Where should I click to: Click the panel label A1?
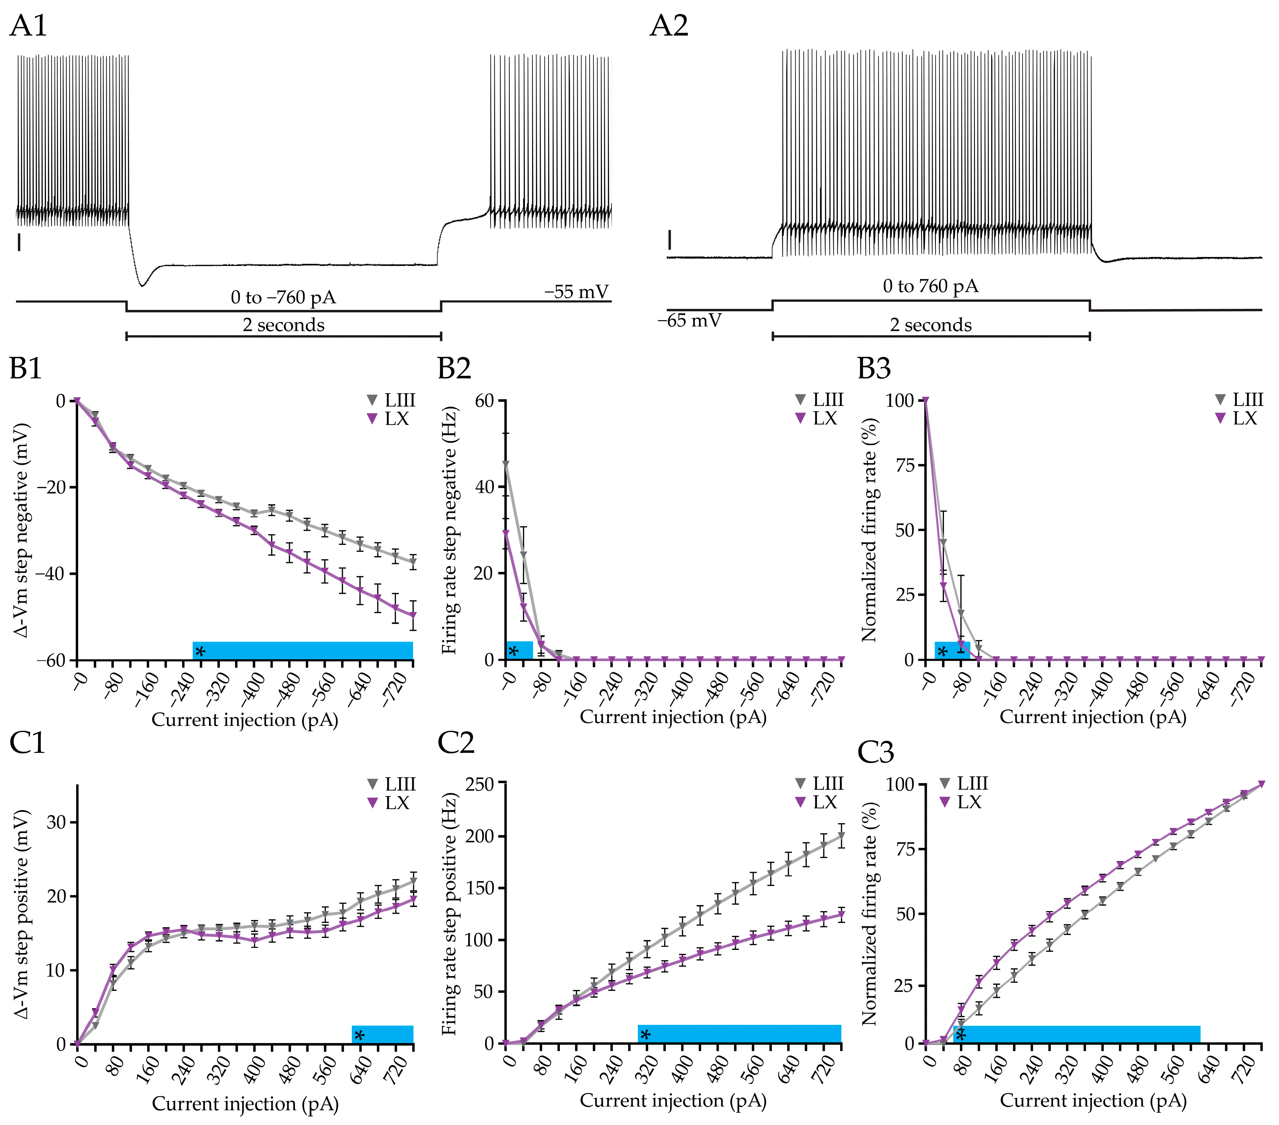tap(28, 26)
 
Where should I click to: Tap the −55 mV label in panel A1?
tap(576, 292)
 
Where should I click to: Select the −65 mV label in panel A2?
tap(689, 321)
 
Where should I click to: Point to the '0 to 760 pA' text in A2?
tap(930, 286)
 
